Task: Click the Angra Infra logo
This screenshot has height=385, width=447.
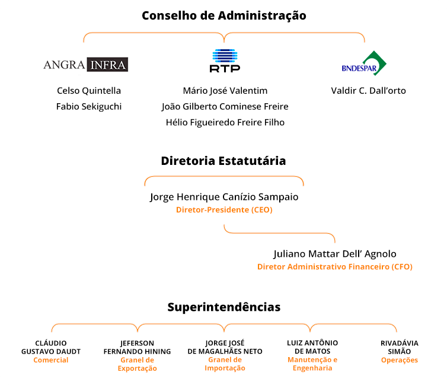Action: tap(86, 65)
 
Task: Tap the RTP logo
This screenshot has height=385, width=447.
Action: tap(225, 61)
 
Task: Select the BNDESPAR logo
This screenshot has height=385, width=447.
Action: tap(364, 63)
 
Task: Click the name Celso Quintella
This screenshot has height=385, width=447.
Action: tap(89, 91)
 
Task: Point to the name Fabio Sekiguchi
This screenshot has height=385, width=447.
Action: tap(89, 107)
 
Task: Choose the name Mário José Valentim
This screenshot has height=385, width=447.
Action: tap(225, 91)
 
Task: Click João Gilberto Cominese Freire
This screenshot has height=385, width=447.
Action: tap(225, 107)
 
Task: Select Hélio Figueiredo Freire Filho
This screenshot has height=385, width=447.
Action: tap(225, 122)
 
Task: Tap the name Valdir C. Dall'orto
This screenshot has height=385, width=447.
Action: tap(368, 91)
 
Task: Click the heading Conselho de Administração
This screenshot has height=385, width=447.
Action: tap(224, 15)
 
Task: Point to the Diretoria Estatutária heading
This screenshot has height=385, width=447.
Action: tap(223, 161)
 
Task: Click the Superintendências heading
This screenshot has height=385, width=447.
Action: tap(224, 307)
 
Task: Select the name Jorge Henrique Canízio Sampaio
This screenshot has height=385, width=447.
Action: tap(224, 197)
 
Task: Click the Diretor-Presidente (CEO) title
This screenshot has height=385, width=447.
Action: tap(224, 210)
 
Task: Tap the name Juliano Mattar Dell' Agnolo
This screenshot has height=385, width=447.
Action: tap(335, 254)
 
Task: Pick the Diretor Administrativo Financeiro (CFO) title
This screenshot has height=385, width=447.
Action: tap(335, 266)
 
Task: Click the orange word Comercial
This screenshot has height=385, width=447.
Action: tap(51, 360)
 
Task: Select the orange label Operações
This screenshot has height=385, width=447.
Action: tap(400, 360)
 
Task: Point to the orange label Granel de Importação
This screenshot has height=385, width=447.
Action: tap(225, 364)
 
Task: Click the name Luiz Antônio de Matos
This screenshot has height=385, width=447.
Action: tap(312, 347)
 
